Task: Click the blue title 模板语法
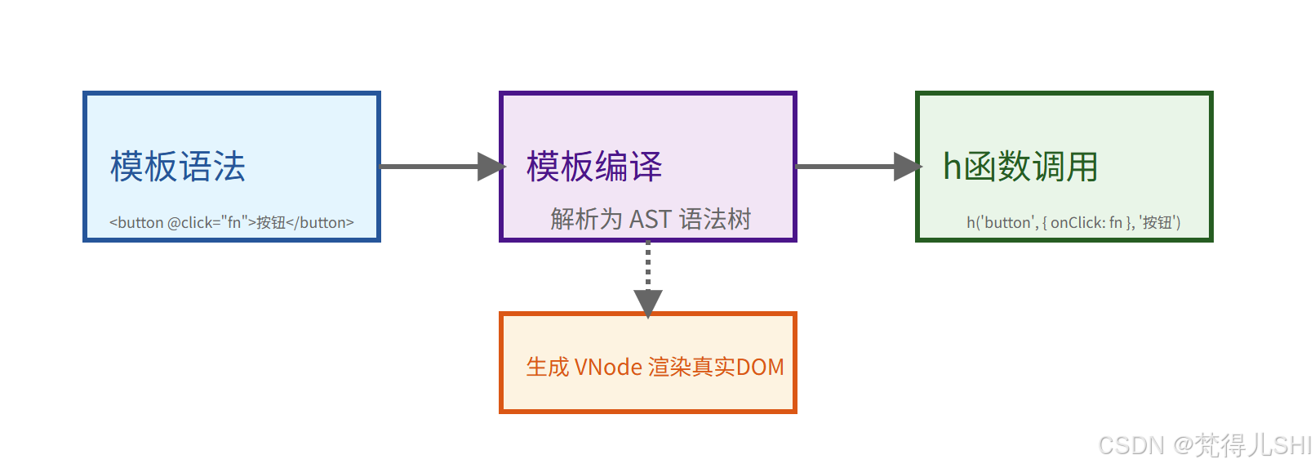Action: tap(178, 167)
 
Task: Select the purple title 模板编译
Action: tap(594, 167)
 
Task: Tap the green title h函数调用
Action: tap(1020, 167)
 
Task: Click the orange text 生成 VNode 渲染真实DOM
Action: tap(655, 367)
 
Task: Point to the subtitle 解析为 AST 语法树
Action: tap(651, 219)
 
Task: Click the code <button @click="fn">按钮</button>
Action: tap(232, 222)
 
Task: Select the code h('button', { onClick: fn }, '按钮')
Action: tap(1073, 222)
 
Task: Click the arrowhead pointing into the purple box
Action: tap(491, 167)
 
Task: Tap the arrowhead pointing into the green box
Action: tap(907, 167)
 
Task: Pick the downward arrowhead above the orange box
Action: tap(648, 302)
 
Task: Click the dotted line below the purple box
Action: tap(648, 264)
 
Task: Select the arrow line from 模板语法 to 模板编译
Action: tap(429, 167)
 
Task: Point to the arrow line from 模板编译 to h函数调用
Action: tap(845, 167)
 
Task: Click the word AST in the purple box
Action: tap(651, 219)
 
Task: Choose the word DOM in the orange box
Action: tap(760, 367)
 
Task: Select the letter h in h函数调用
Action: tap(952, 167)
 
